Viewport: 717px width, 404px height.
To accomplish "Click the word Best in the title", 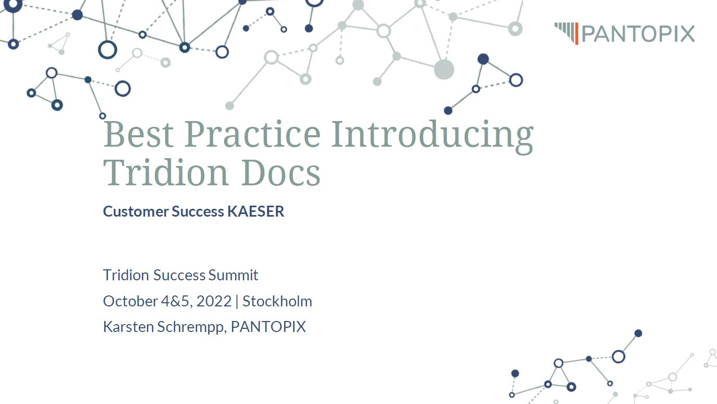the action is (138, 134).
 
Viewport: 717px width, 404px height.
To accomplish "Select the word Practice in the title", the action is (252, 134).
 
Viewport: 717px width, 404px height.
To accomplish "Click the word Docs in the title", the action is (281, 172).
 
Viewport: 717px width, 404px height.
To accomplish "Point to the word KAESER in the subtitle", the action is (256, 211).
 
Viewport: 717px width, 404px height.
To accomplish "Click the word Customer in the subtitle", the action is (136, 211).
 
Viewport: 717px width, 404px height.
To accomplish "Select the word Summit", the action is (233, 275).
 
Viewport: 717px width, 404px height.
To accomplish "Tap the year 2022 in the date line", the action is (214, 301).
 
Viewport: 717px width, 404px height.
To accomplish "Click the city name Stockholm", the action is (277, 301).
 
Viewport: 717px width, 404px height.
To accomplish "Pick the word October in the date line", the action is (130, 301).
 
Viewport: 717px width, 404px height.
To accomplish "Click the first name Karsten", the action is (128, 327).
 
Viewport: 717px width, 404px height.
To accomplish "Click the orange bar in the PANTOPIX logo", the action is (577, 33).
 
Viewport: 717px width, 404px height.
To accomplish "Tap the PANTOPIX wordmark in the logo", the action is (638, 34).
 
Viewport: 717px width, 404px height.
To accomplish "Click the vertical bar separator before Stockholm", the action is (237, 302).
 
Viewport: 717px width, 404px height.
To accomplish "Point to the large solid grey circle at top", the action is (444, 69).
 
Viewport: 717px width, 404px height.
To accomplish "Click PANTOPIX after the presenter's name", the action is (268, 327).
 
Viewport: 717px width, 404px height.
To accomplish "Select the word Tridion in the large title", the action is (165, 172).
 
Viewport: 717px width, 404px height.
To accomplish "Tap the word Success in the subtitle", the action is (198, 211).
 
